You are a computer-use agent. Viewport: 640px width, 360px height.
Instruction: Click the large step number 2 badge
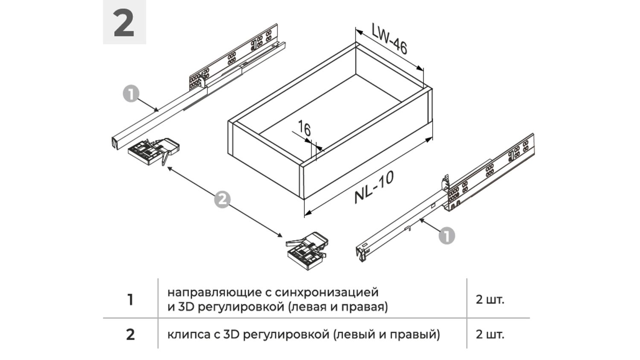point(124,22)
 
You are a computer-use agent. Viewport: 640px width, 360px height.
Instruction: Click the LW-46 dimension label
point(390,38)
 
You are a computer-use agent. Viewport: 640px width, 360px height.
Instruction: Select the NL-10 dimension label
point(374,187)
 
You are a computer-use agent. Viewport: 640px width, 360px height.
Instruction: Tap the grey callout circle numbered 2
point(222,200)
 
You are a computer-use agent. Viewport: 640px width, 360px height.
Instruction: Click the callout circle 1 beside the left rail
point(131,94)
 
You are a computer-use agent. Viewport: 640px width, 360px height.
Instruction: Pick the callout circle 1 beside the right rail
point(447,236)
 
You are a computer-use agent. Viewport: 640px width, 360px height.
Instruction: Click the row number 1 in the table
point(130,300)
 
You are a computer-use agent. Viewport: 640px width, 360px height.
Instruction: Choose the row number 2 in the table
point(130,334)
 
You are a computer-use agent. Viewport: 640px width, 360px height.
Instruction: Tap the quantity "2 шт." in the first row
point(490,300)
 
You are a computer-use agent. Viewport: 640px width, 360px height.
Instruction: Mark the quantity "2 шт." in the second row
point(490,334)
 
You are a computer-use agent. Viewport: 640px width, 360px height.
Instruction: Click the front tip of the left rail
point(115,143)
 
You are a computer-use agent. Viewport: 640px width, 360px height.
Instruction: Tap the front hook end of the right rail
point(361,255)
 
